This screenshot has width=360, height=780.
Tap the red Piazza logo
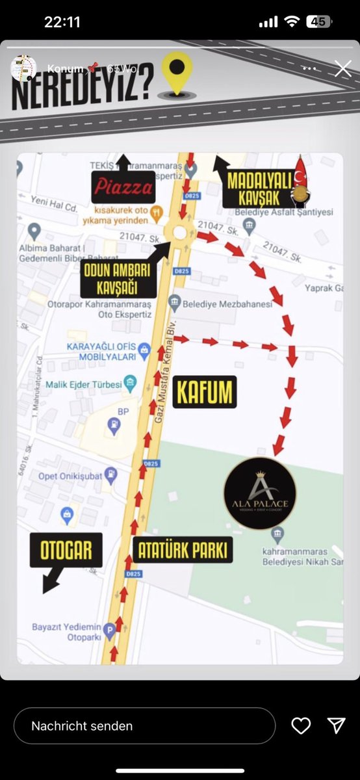[x=123, y=188]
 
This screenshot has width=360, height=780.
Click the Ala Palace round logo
[x=260, y=493]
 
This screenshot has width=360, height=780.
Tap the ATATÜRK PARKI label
[x=183, y=551]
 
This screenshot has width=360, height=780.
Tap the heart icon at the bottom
[x=301, y=725]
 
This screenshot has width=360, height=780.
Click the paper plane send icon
[x=336, y=725]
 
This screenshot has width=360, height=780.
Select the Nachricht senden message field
[x=144, y=725]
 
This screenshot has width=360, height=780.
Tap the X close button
[x=342, y=69]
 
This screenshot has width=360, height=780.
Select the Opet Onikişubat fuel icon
[x=112, y=475]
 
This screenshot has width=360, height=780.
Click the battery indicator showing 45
[x=318, y=21]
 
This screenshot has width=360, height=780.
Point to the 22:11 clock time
[x=62, y=21]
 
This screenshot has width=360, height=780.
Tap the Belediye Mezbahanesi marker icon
[x=174, y=302]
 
